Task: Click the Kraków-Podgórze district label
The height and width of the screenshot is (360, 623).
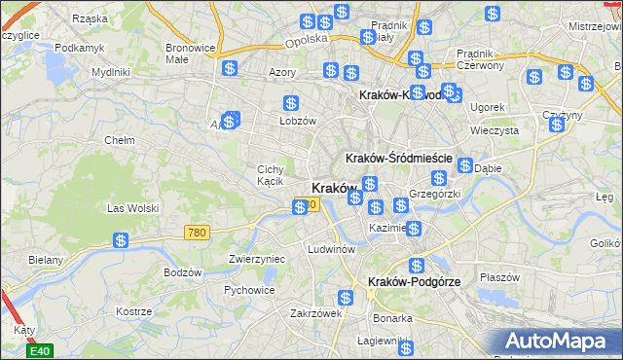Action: [x=414, y=281]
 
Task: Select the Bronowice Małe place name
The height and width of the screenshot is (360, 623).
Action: [x=190, y=53]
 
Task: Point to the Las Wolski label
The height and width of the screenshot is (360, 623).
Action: [x=131, y=207]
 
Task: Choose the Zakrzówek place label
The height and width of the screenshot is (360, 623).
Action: [x=314, y=313]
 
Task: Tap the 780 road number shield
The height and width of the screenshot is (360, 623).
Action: [x=197, y=232]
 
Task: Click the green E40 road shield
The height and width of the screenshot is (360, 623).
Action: [x=39, y=350]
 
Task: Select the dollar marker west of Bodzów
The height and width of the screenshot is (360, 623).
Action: [x=121, y=240]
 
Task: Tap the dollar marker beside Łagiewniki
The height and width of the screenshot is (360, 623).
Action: [x=406, y=347]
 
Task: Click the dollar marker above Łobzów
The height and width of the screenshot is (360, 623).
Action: [x=290, y=103]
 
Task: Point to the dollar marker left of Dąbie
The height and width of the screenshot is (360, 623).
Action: [x=465, y=165]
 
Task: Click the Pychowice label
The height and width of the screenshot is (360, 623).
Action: [x=248, y=290]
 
